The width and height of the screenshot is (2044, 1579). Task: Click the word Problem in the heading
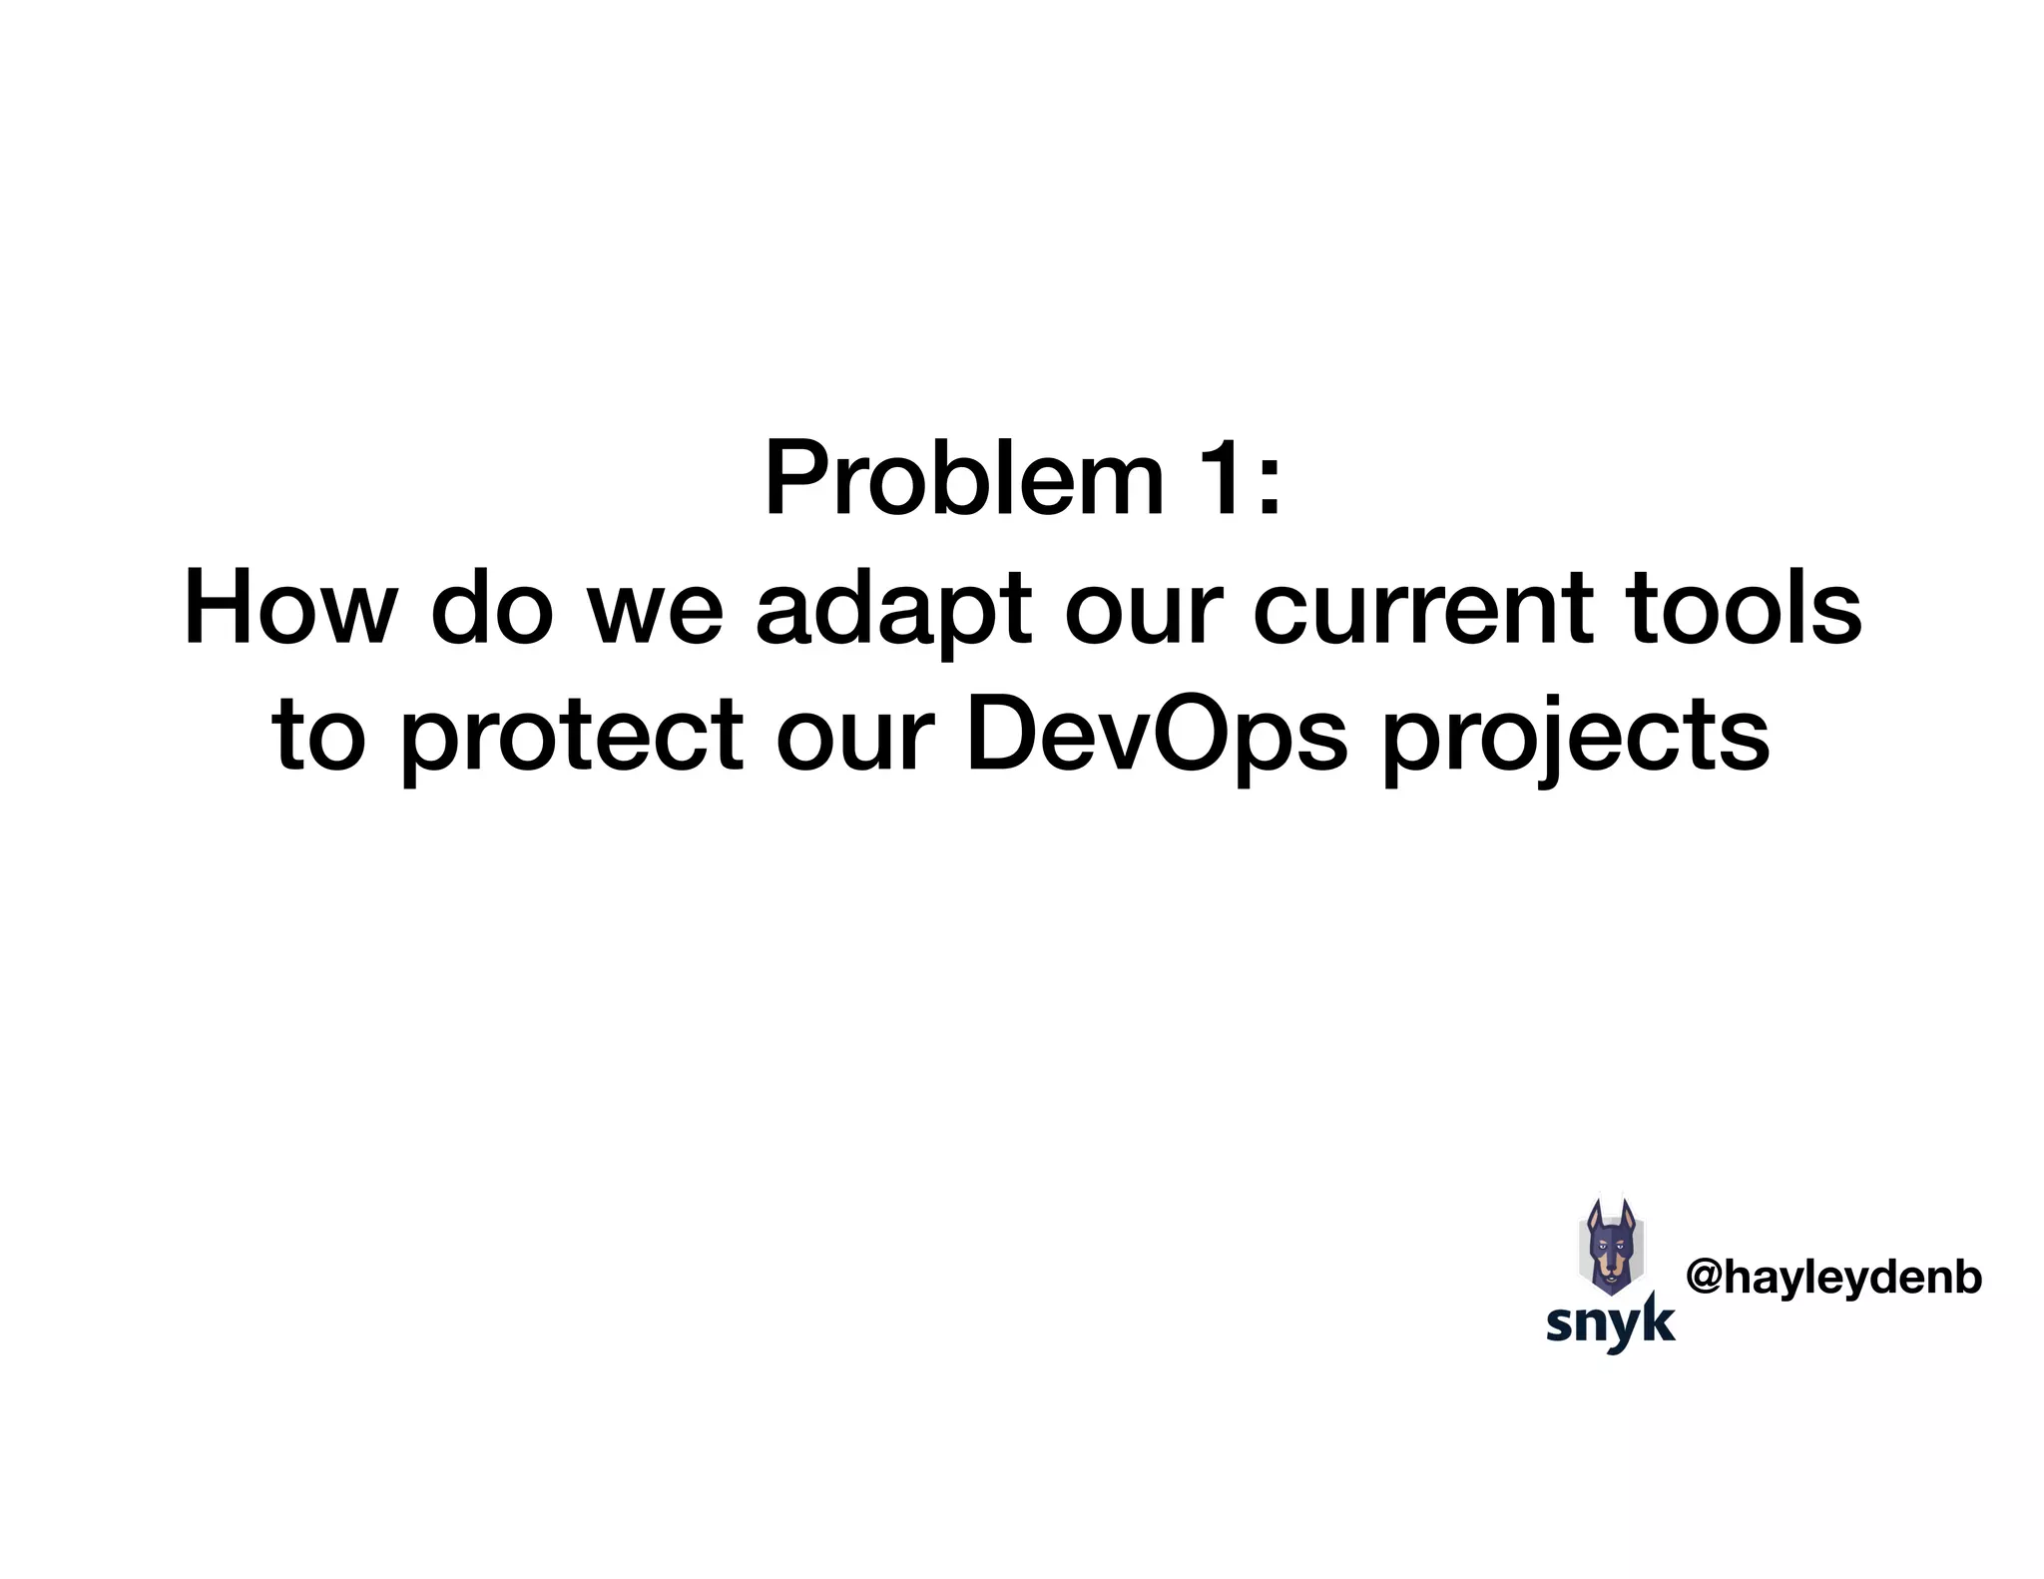click(963, 481)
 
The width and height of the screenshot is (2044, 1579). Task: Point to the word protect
click(572, 739)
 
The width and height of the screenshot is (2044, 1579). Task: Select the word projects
click(1576, 739)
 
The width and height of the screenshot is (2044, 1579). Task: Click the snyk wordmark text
click(1610, 1323)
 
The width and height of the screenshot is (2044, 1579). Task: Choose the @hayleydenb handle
click(1833, 1278)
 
